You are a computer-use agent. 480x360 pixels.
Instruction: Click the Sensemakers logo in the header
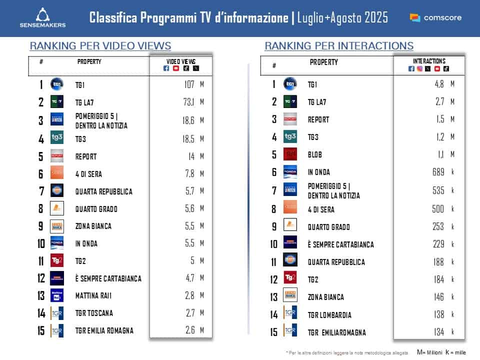(42, 17)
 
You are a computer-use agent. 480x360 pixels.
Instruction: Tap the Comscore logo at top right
(435, 17)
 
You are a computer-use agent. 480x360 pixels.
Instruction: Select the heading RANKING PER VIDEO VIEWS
(100, 46)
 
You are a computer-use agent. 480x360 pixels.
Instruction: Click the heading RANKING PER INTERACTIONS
(339, 46)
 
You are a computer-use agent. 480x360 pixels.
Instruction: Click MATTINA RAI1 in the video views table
(93, 295)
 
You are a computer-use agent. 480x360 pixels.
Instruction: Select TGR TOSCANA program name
(94, 313)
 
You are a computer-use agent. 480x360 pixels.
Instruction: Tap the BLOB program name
(315, 155)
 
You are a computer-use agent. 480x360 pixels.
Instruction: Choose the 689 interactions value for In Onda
(438, 172)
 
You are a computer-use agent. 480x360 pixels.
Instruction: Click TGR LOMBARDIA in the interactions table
(329, 315)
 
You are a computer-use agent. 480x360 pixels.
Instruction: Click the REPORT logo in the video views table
(57, 156)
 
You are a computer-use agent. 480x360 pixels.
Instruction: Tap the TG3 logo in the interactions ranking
(290, 137)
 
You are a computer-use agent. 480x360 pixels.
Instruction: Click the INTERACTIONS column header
(429, 61)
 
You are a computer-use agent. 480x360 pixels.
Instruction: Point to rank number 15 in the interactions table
(274, 332)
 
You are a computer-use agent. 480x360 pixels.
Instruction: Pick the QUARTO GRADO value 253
(438, 227)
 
